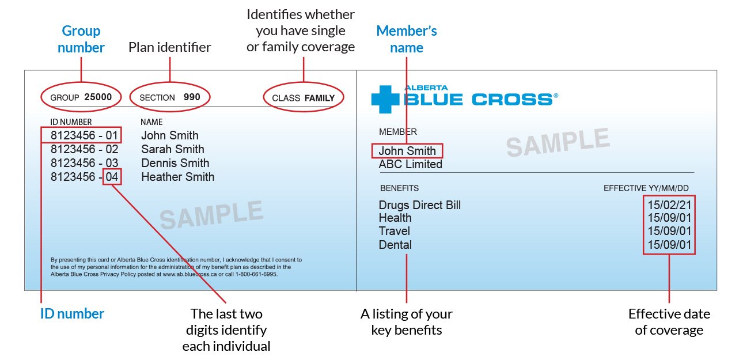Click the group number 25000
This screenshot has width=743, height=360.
(x=98, y=97)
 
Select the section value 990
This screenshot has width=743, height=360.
(x=192, y=97)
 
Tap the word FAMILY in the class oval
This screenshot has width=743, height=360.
(x=319, y=98)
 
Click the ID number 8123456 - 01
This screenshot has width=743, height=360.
(x=84, y=135)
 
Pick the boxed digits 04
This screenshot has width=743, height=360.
(x=112, y=177)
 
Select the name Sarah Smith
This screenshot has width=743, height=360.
(x=173, y=149)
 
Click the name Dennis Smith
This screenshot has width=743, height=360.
(x=175, y=163)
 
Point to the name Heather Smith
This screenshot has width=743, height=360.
(x=177, y=177)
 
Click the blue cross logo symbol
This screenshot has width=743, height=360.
(x=385, y=98)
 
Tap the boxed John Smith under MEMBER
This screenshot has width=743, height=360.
(x=407, y=151)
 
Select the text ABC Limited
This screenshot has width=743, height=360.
(x=410, y=164)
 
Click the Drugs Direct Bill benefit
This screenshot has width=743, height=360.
(x=419, y=205)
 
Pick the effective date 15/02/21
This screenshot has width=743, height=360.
(x=669, y=205)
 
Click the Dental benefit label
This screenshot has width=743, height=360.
(x=395, y=245)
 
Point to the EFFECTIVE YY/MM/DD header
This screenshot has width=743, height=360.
(x=646, y=188)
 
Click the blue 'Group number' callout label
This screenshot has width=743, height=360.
(x=81, y=39)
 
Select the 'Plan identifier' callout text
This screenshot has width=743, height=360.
(x=170, y=47)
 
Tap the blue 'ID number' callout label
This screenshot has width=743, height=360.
(x=73, y=314)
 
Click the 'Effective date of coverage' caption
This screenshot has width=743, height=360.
(x=669, y=322)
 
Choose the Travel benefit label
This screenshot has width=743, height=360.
(x=394, y=231)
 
